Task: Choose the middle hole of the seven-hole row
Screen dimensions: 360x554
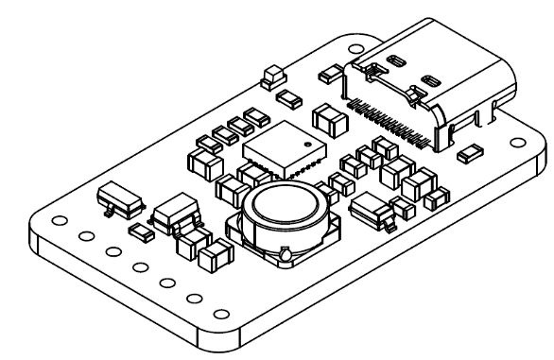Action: coord(140,268)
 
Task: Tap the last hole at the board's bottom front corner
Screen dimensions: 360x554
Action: coord(223,316)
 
